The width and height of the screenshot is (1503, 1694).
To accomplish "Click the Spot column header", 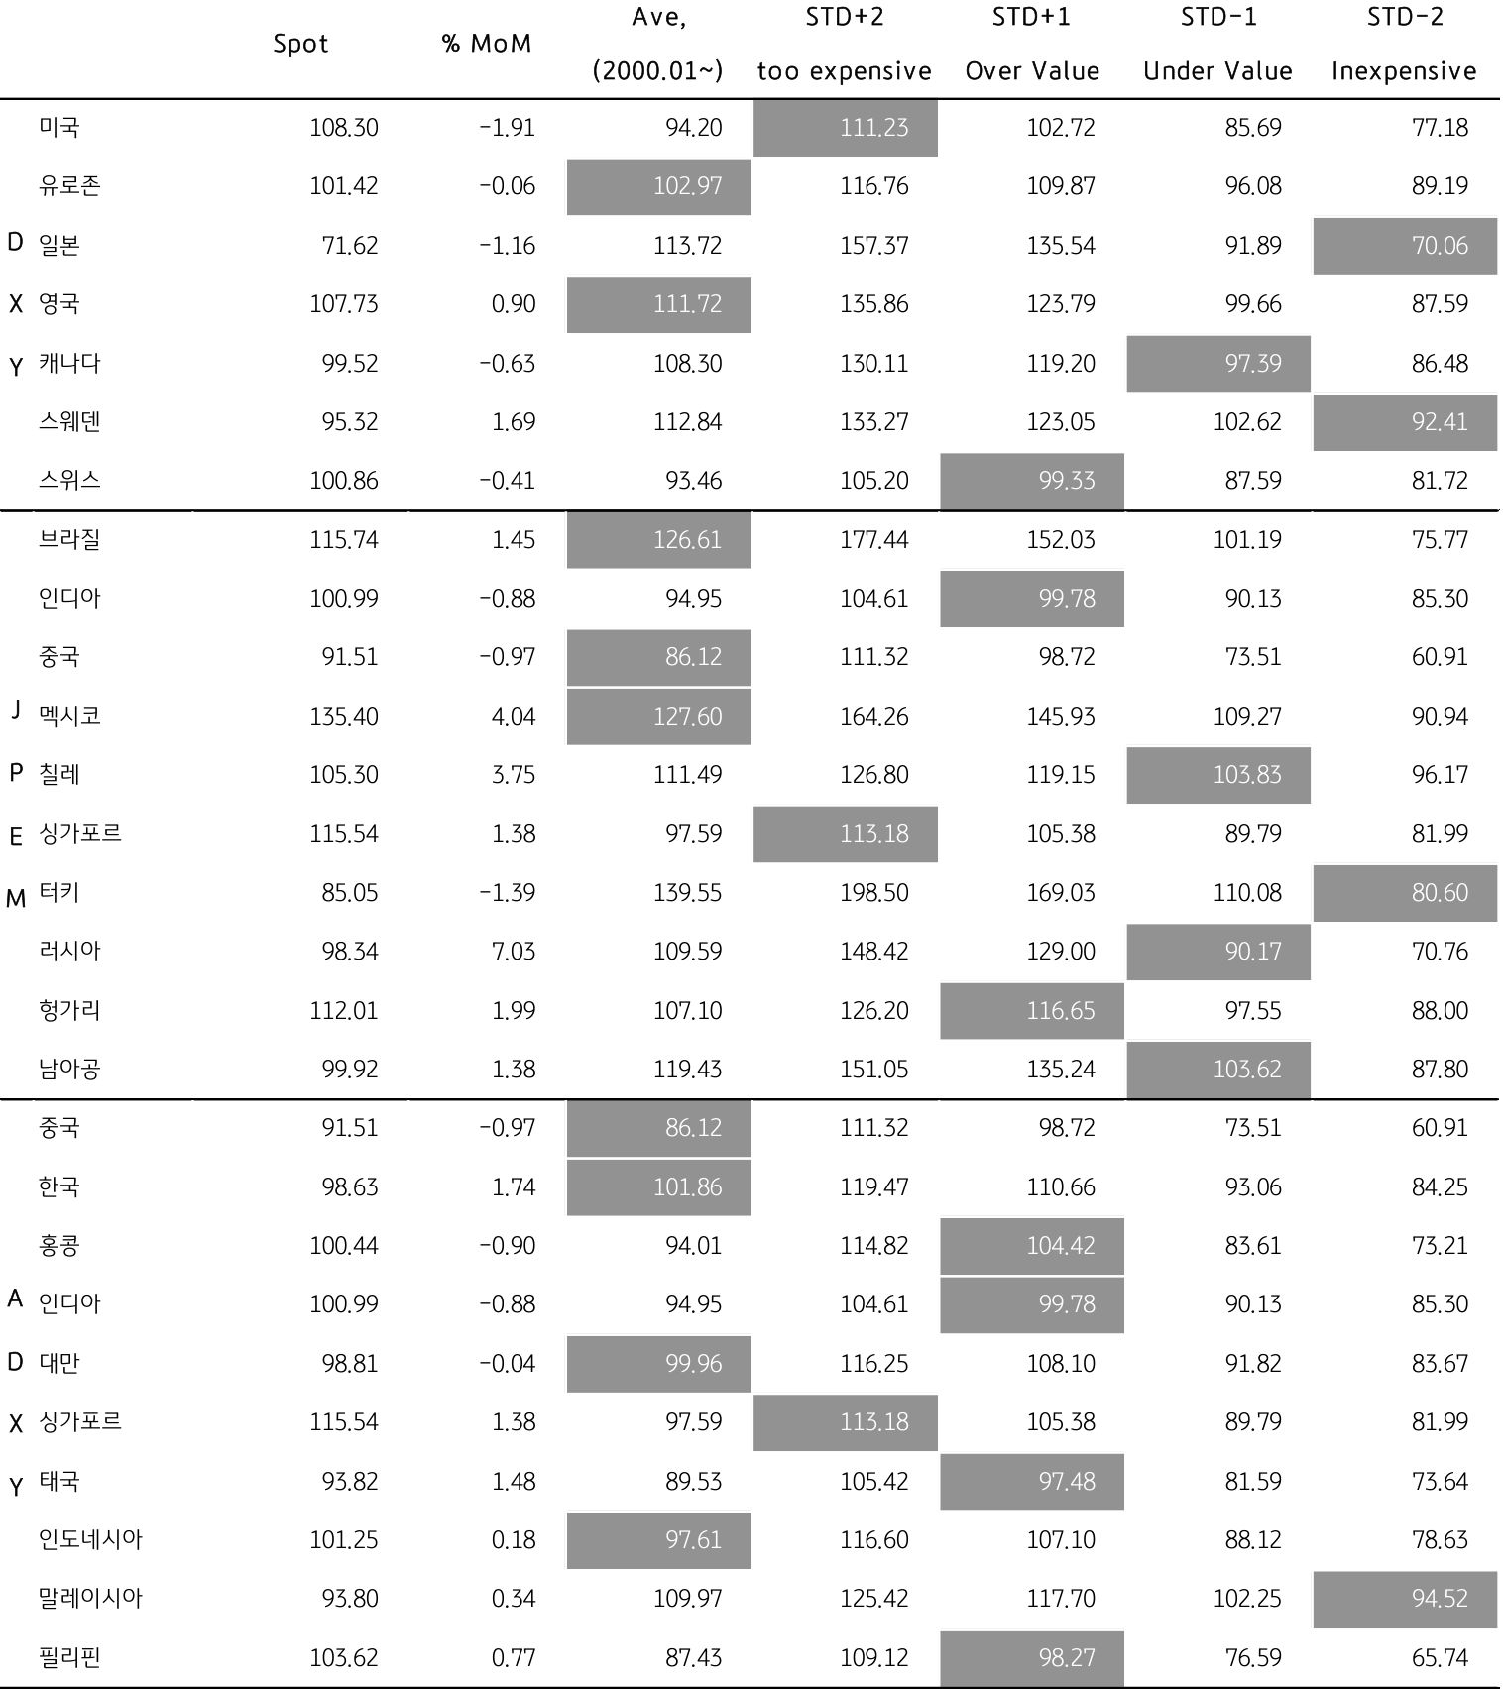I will tap(300, 44).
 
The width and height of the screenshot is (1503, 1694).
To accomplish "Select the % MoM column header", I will tap(486, 44).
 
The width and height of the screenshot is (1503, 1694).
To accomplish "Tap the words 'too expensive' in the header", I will tap(844, 71).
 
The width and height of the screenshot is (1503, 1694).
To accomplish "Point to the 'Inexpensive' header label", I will tap(1404, 71).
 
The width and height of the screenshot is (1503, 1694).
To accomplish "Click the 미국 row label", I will tap(59, 127).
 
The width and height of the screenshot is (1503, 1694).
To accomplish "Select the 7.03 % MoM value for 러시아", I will tap(513, 952).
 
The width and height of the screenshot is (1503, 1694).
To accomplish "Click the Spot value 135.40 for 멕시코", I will tap(343, 716).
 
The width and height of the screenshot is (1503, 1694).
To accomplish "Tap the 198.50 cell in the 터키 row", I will tap(873, 892).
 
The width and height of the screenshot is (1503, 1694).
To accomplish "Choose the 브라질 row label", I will tap(69, 539).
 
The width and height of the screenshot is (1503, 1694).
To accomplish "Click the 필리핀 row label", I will tap(69, 1657).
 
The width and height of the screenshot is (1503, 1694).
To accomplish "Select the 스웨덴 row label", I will tap(69, 421).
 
